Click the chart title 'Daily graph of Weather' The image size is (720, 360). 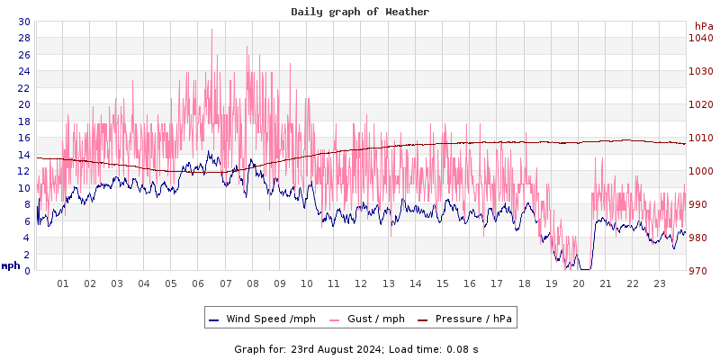pos(359,12)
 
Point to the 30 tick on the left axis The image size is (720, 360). pos(23,22)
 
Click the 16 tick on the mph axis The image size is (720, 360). pos(23,138)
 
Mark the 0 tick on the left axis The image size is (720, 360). pos(26,271)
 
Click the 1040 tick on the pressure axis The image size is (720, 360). pos(700,38)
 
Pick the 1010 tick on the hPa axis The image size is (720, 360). pos(700,138)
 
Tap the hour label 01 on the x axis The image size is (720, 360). pos(63,283)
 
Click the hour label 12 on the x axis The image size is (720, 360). pos(361,283)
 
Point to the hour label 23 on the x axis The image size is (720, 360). pos(660,283)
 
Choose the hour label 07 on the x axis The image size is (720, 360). pos(225,283)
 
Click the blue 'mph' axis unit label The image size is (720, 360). pos(10,265)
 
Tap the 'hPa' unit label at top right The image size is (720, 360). pos(703,26)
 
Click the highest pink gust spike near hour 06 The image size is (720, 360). pos(211,31)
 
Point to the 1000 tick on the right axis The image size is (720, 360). pos(700,171)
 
